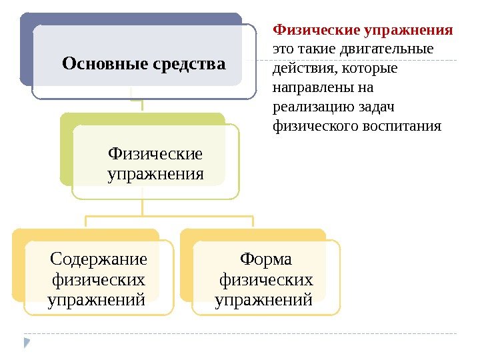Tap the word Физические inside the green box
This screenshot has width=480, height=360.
point(155,154)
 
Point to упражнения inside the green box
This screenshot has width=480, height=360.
point(155,175)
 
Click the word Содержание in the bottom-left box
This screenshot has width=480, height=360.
point(99,257)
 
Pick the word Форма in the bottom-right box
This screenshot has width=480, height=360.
point(265,257)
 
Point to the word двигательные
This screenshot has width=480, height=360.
point(386,49)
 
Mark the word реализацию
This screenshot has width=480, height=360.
point(313,107)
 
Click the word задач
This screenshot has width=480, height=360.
point(378,107)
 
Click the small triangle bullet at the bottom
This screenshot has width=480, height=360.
point(27,343)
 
